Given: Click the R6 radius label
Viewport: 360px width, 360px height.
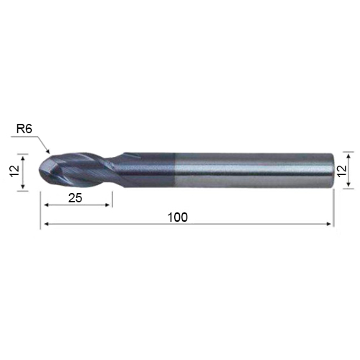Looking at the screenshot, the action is (24, 130).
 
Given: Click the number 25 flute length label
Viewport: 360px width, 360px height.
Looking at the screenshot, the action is (75, 198).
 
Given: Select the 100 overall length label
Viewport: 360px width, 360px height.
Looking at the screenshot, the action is (178, 217).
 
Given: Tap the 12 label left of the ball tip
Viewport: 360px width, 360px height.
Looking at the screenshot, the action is (15, 171).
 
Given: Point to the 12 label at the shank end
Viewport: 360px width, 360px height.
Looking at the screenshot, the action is (342, 171).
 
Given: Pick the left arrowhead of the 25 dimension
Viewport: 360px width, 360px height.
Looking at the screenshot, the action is (47, 205).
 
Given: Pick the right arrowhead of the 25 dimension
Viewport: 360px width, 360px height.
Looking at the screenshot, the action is (108, 205).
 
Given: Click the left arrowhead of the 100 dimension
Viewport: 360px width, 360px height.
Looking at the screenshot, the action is (47, 224).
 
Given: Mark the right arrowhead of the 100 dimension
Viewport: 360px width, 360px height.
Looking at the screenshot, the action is (329, 224).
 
